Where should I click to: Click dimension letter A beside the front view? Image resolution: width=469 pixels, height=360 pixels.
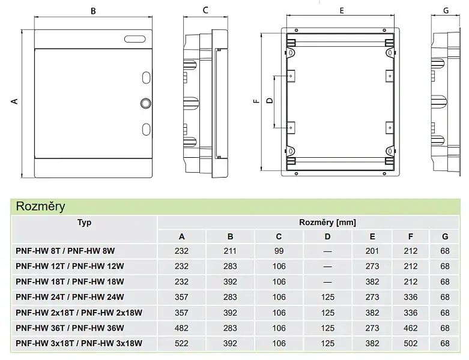[x=14, y=101]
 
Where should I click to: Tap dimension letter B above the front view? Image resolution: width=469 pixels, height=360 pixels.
[x=93, y=11]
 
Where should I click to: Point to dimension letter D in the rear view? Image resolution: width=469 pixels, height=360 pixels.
[x=270, y=101]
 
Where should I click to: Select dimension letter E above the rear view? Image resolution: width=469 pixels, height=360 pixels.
[x=342, y=11]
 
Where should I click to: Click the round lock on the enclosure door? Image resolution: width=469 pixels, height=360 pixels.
[x=146, y=103]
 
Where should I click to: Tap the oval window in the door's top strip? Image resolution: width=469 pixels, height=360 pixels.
[x=135, y=39]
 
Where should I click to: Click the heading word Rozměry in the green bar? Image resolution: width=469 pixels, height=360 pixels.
[x=41, y=206]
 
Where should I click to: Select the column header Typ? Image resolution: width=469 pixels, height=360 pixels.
[x=84, y=222]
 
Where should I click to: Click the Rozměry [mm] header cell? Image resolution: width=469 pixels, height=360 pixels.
[x=327, y=222]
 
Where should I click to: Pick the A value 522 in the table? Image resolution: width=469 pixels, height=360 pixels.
[x=181, y=343]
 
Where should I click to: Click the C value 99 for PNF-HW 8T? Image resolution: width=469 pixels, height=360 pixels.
[x=279, y=251]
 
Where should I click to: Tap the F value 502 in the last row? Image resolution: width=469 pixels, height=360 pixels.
[x=410, y=343]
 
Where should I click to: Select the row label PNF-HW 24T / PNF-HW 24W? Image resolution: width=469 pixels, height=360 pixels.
[x=70, y=297]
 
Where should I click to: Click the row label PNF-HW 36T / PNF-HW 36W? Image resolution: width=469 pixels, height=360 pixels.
[x=70, y=328]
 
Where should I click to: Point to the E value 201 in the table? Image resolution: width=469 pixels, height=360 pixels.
[x=372, y=251]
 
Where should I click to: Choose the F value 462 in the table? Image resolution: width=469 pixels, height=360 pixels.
[x=410, y=328]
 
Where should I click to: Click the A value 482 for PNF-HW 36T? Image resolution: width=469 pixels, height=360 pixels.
[x=181, y=328]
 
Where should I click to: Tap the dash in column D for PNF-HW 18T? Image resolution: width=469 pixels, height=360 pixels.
[x=327, y=282]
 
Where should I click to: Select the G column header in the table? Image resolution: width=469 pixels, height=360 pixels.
[x=445, y=236]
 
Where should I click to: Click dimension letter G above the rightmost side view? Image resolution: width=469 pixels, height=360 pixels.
[x=446, y=11]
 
